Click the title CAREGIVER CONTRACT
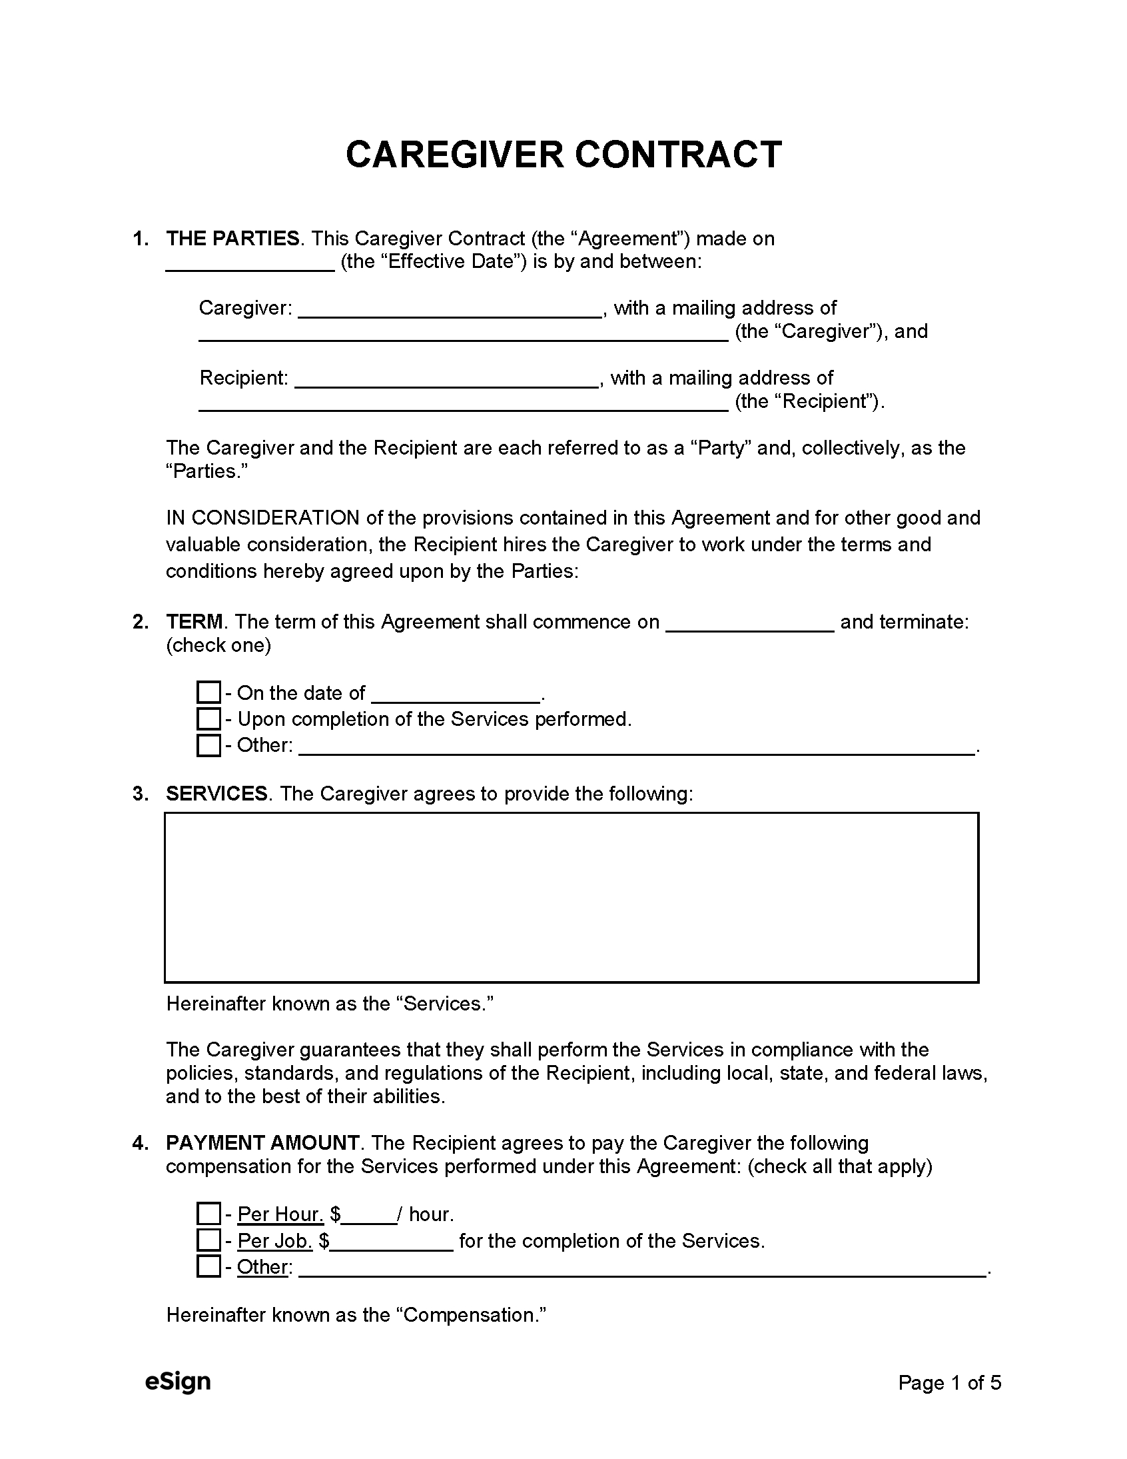tap(563, 155)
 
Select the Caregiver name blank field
tap(449, 311)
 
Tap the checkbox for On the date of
tap(208, 692)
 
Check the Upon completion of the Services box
tap(208, 719)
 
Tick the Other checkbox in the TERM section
tap(208, 745)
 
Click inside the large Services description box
tap(571, 897)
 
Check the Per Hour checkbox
tap(208, 1214)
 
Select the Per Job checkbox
tap(208, 1240)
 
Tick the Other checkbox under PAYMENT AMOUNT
tap(208, 1266)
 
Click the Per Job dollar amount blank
tap(392, 1244)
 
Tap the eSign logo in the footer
tap(178, 1381)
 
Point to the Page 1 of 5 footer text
tap(949, 1382)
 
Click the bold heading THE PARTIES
tap(232, 239)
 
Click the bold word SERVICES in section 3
tap(216, 794)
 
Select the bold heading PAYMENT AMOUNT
tap(262, 1143)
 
